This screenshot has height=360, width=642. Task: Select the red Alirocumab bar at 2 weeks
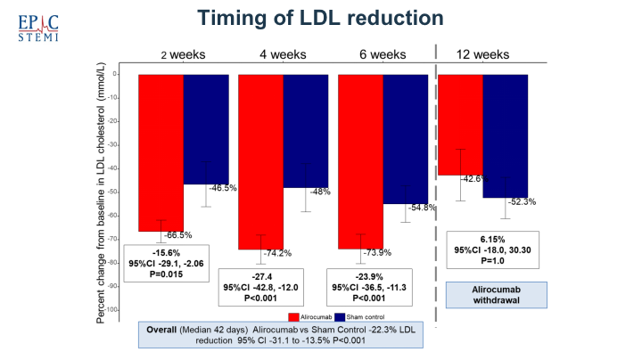(160, 151)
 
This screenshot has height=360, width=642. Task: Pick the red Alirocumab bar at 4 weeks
(261, 160)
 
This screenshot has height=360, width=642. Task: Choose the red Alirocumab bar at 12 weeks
(460, 125)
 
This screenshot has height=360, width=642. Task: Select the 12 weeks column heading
(483, 54)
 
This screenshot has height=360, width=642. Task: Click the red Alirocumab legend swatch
(293, 316)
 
